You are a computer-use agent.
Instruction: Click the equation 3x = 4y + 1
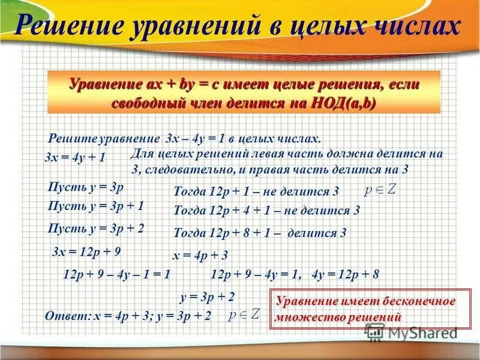[76, 158]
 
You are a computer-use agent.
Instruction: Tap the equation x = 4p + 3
[200, 256]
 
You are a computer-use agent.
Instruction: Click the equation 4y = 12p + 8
[346, 275]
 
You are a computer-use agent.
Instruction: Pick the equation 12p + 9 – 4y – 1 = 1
[117, 275]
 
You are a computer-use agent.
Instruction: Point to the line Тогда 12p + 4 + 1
[266, 211]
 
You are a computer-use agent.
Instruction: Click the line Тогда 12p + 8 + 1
[260, 233]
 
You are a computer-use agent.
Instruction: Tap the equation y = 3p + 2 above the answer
[207, 296]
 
